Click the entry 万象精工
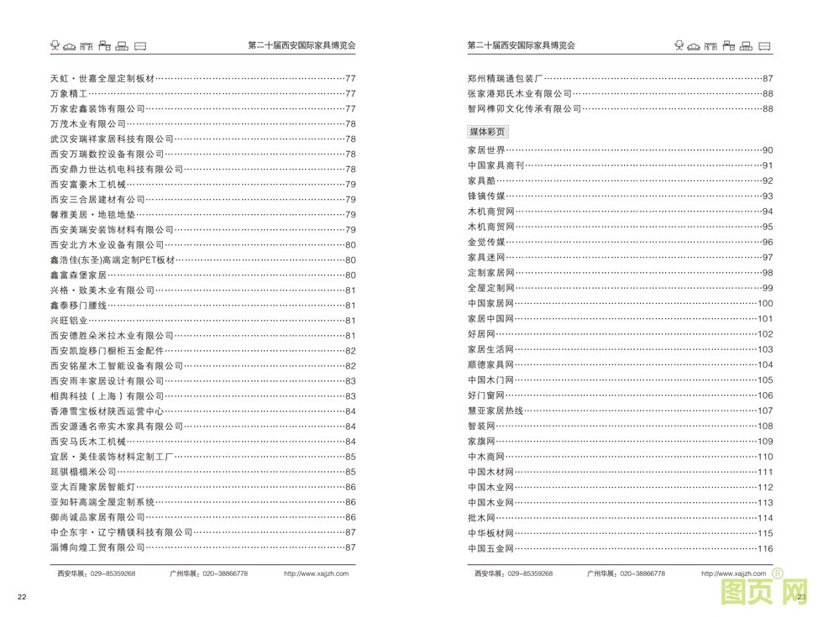(x=73, y=93)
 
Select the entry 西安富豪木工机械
(x=87, y=184)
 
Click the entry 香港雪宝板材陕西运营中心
(x=107, y=411)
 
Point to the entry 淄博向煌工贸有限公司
(x=97, y=547)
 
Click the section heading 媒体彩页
(x=487, y=132)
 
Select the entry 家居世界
(x=486, y=150)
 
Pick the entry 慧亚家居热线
(x=495, y=410)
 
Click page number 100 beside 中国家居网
(x=764, y=303)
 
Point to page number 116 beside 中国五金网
(x=764, y=549)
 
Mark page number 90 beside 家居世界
(x=767, y=150)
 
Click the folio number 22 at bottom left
(x=23, y=597)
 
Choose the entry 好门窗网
(x=486, y=395)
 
